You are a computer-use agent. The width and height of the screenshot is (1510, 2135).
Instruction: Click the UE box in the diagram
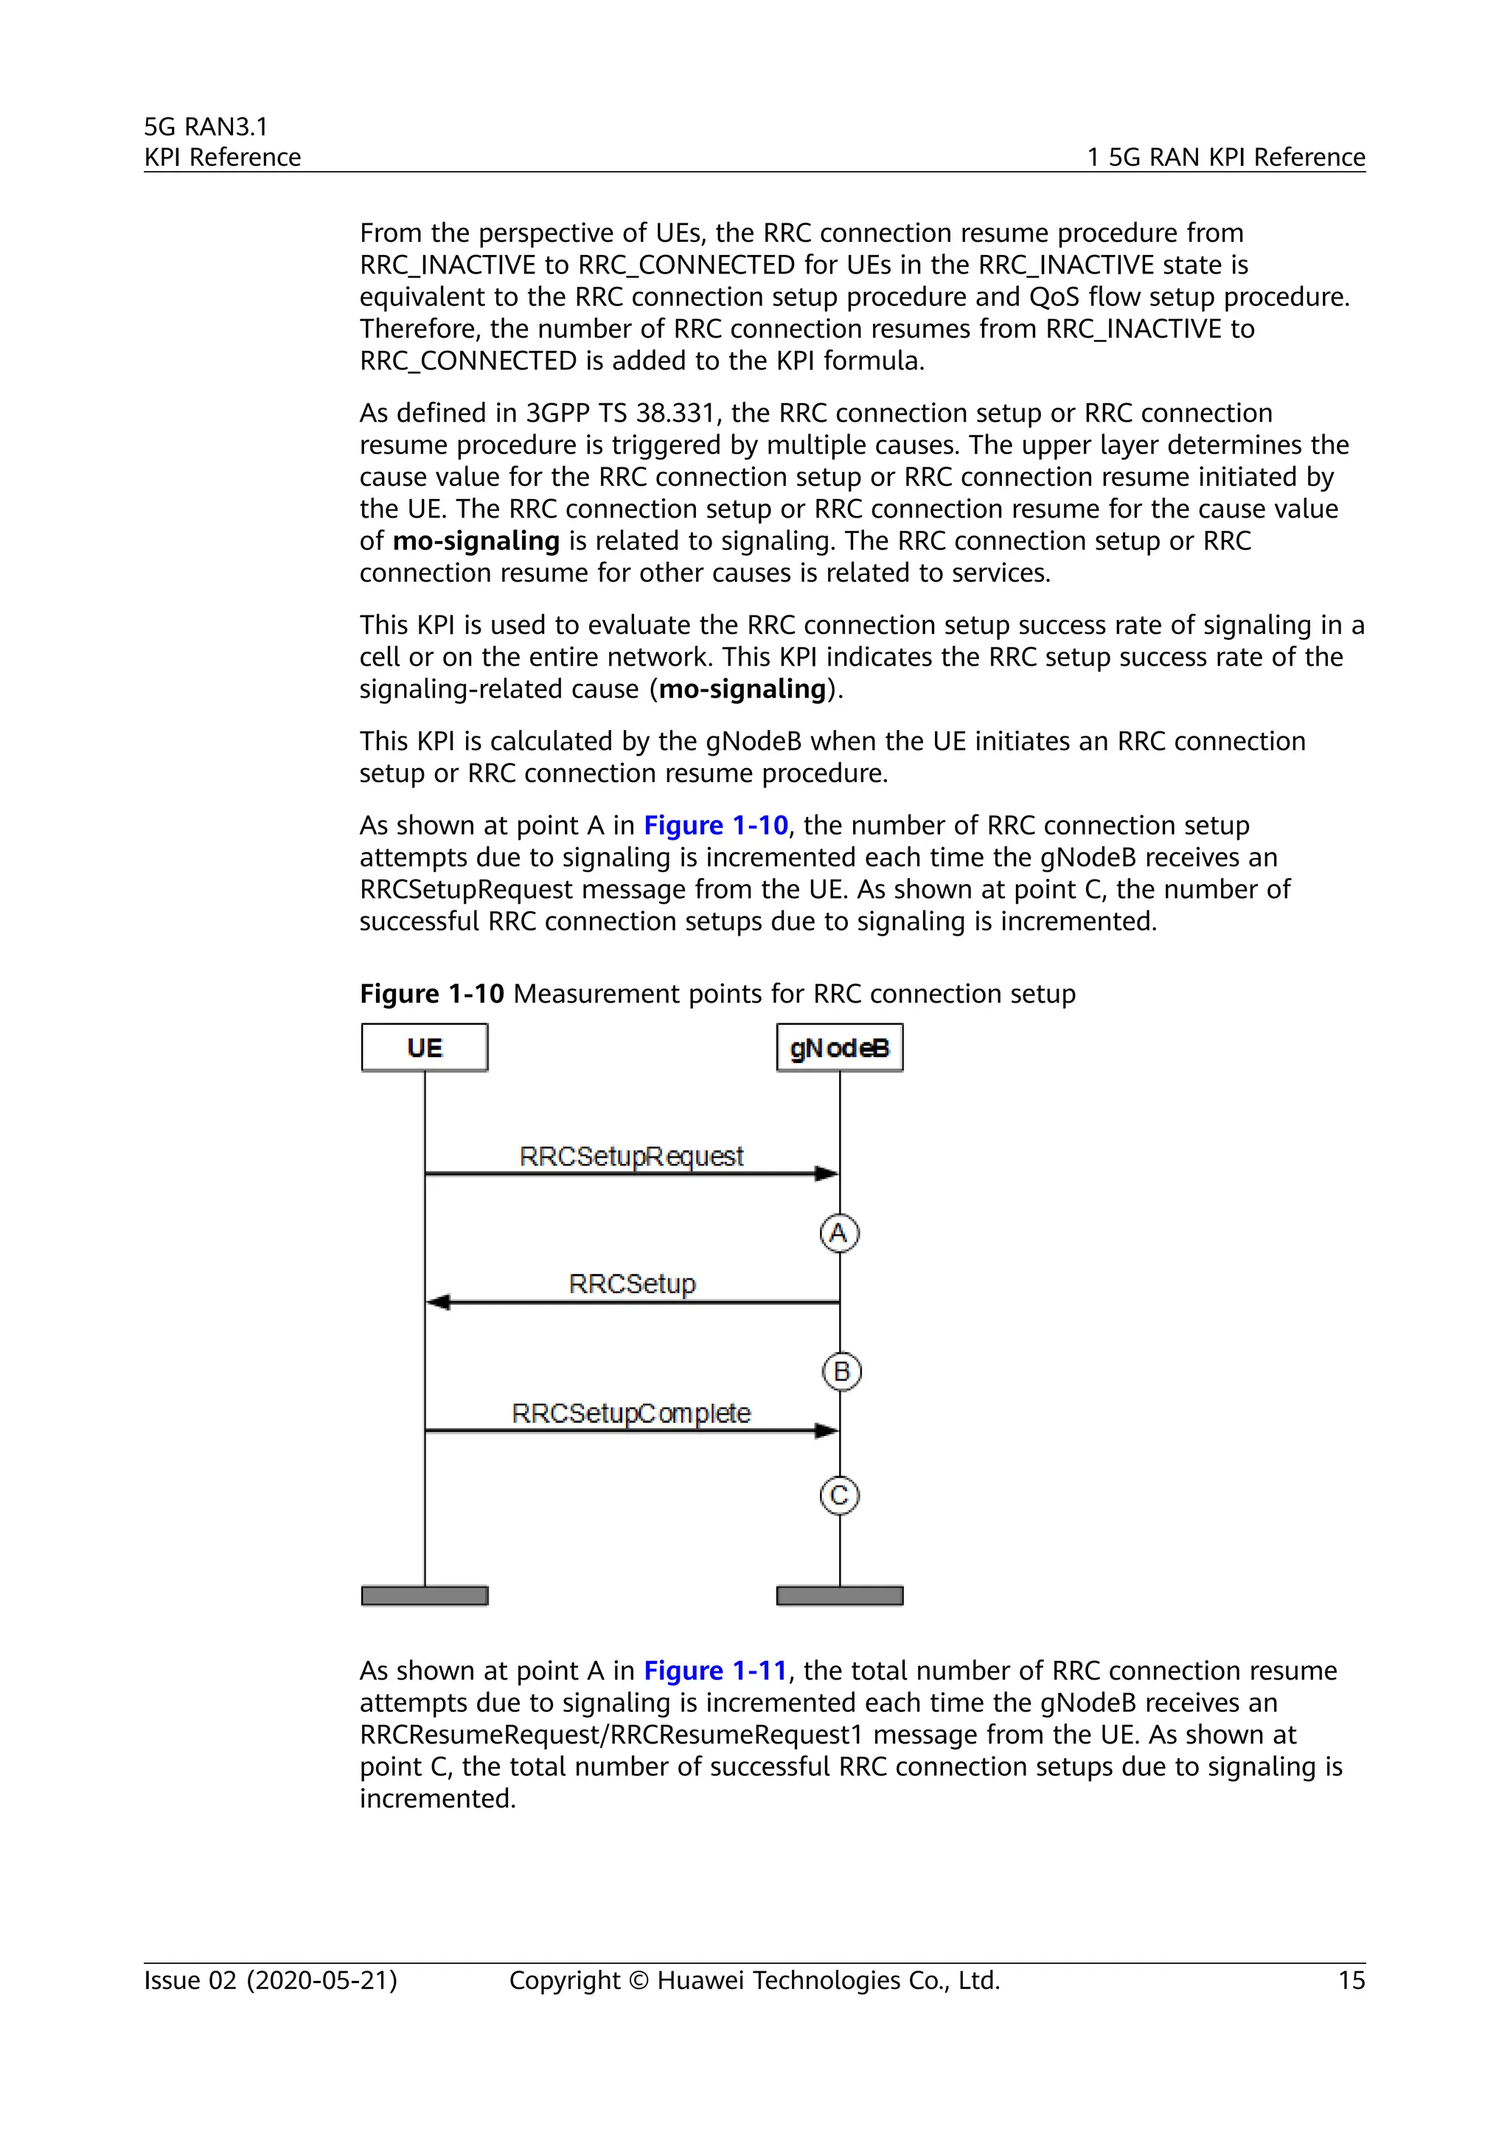coord(424,1048)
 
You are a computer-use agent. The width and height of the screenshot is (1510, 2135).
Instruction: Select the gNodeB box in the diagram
coord(840,1048)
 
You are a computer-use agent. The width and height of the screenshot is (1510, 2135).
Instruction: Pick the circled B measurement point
coord(841,1371)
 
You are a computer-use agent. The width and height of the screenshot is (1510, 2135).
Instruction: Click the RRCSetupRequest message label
coord(631,1156)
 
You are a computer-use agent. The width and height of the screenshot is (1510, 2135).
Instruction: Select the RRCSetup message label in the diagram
coord(633,1284)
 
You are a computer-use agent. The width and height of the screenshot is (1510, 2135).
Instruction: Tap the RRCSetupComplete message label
coord(631,1413)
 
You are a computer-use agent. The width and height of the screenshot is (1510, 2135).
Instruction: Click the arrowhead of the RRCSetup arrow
coord(437,1302)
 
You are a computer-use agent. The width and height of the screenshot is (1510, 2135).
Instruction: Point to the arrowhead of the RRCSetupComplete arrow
coord(827,1430)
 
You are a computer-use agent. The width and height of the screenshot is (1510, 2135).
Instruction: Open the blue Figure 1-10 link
coord(716,825)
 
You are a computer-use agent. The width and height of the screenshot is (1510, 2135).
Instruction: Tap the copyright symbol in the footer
coord(638,1981)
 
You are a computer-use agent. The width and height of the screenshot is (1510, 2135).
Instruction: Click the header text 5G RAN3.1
coord(206,127)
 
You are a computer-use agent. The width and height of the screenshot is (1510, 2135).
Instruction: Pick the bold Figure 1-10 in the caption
coord(431,993)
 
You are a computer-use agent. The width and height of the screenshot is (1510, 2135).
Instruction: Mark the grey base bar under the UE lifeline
coord(424,1595)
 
